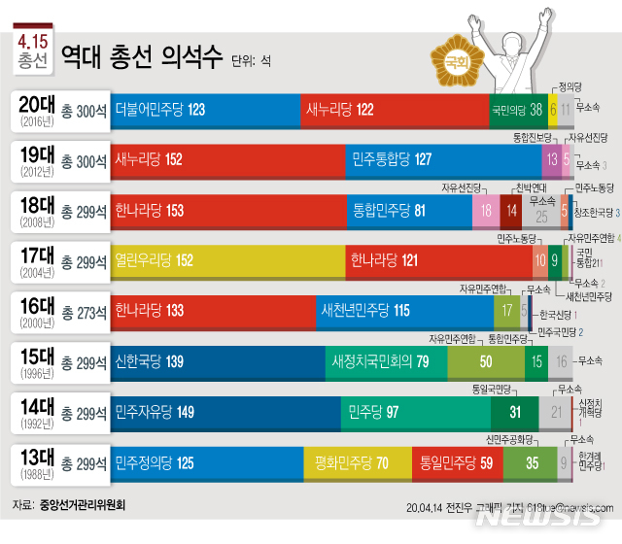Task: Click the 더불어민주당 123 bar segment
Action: coord(204,110)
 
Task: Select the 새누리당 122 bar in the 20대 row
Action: coord(394,110)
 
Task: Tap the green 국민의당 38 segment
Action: coord(518,110)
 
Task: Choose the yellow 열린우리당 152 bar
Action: coord(228,260)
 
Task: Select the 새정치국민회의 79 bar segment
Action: coord(386,362)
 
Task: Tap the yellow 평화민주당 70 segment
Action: coord(357,464)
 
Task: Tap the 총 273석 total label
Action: coord(84,313)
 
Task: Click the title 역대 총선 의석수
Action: coord(141,55)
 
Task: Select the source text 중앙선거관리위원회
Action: coord(83,505)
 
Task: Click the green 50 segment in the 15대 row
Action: coord(485,362)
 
